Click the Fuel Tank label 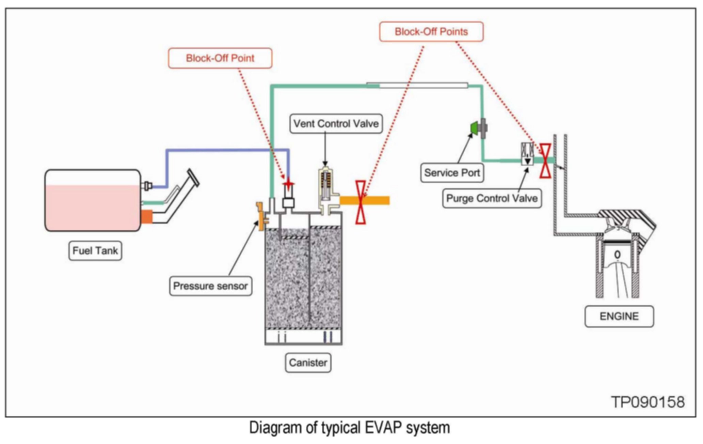click(95, 251)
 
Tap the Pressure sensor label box click(210, 286)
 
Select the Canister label click(308, 363)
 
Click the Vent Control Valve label click(336, 123)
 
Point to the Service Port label click(452, 173)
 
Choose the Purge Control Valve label click(492, 198)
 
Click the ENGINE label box click(619, 316)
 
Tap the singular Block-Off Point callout click(220, 58)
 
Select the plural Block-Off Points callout click(431, 32)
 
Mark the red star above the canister click(288, 184)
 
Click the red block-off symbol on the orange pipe click(361, 202)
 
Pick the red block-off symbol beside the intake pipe click(545, 160)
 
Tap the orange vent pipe click(365, 200)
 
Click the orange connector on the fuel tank click(147, 217)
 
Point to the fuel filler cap click(193, 178)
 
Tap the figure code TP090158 click(648, 402)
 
